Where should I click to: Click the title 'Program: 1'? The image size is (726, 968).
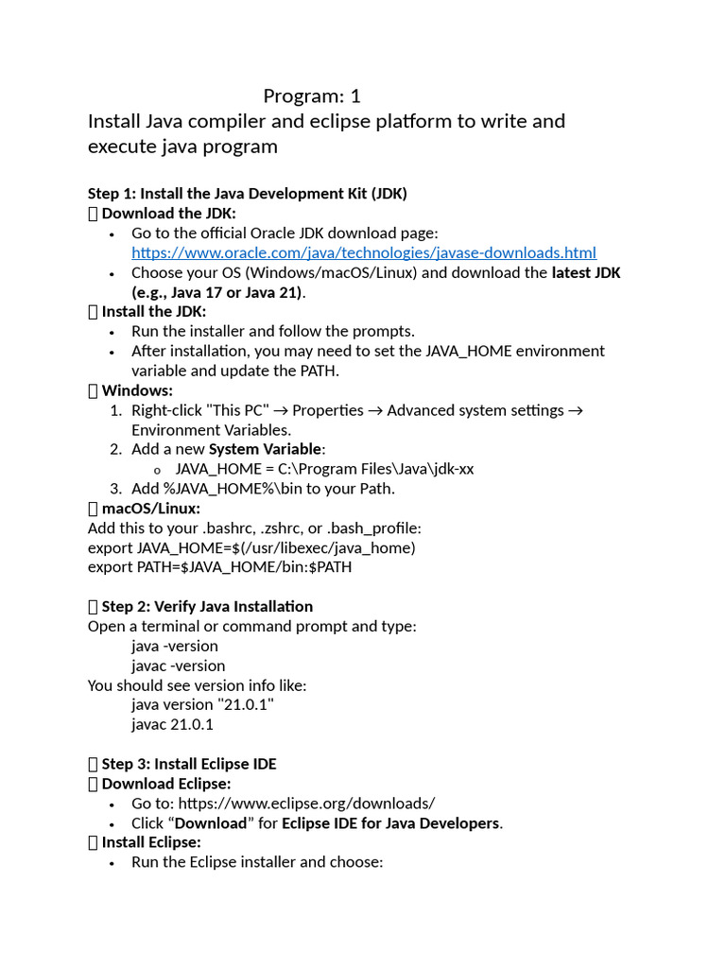click(x=312, y=95)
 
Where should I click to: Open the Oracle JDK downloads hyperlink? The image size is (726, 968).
click(x=364, y=252)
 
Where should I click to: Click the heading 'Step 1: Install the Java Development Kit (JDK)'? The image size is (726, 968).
click(x=248, y=193)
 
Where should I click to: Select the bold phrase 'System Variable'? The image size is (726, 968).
click(x=266, y=449)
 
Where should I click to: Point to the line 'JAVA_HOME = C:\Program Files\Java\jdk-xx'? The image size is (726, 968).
click(x=324, y=469)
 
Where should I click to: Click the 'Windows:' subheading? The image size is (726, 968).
click(x=137, y=390)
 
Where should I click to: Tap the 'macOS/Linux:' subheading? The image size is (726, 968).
click(x=151, y=509)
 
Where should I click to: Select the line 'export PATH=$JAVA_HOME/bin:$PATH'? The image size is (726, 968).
click(x=220, y=567)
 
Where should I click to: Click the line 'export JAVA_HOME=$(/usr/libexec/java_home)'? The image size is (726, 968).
click(x=251, y=547)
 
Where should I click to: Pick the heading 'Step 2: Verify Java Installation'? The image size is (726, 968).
click(x=207, y=606)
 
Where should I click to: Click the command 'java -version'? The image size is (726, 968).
click(x=175, y=646)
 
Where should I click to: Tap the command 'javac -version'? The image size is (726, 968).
click(x=179, y=665)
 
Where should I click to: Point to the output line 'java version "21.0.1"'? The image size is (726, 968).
click(x=203, y=704)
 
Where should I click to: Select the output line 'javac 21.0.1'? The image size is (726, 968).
click(x=173, y=724)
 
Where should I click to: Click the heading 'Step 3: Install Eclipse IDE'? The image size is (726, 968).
click(x=189, y=764)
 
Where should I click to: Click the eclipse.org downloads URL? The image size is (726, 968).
click(x=306, y=804)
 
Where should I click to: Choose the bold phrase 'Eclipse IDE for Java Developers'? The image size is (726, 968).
click(x=390, y=823)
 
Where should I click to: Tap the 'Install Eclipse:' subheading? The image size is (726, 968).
click(x=151, y=842)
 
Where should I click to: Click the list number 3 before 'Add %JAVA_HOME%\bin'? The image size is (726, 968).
click(x=115, y=489)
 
